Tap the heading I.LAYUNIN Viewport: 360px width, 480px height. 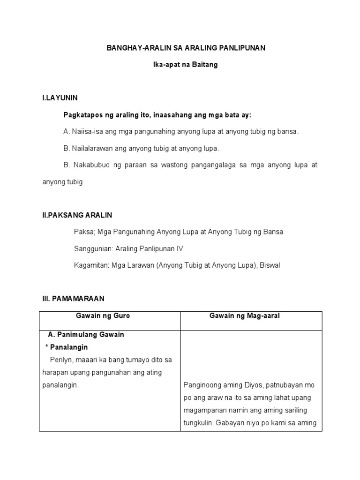tap(60, 98)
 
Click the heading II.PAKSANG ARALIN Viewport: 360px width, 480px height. tap(77, 215)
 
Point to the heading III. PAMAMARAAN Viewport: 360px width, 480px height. tap(73, 298)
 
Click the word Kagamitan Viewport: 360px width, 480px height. tap(91, 265)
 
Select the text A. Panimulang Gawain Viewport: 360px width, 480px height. tap(86, 335)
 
